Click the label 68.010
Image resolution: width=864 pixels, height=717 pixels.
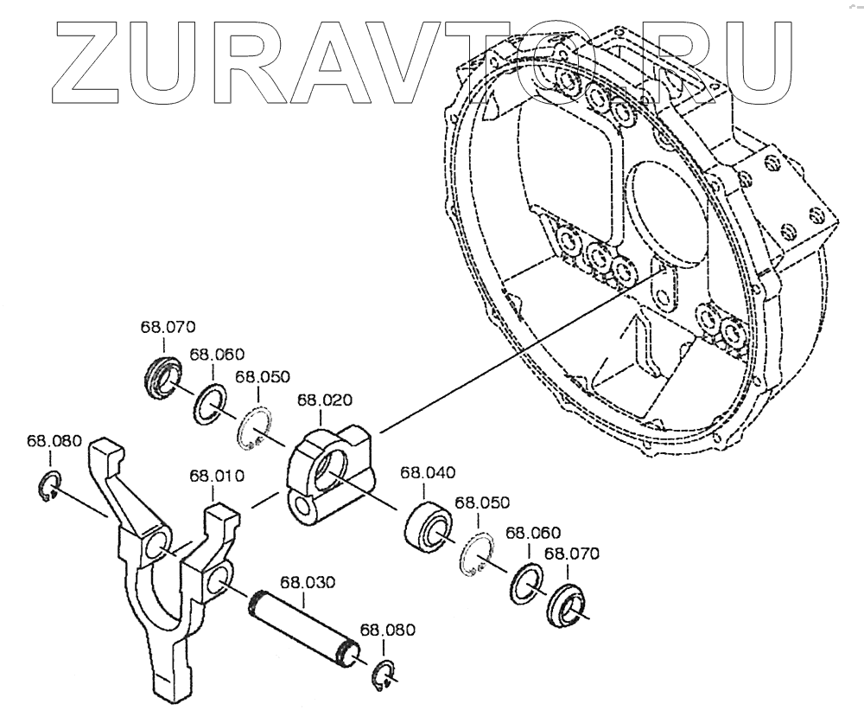(217, 476)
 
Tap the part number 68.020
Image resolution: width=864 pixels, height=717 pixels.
(324, 400)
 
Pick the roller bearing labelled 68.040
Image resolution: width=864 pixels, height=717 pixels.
(427, 525)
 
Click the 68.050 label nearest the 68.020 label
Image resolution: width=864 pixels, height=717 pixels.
(263, 377)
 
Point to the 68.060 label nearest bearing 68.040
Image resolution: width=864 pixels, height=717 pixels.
(532, 533)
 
